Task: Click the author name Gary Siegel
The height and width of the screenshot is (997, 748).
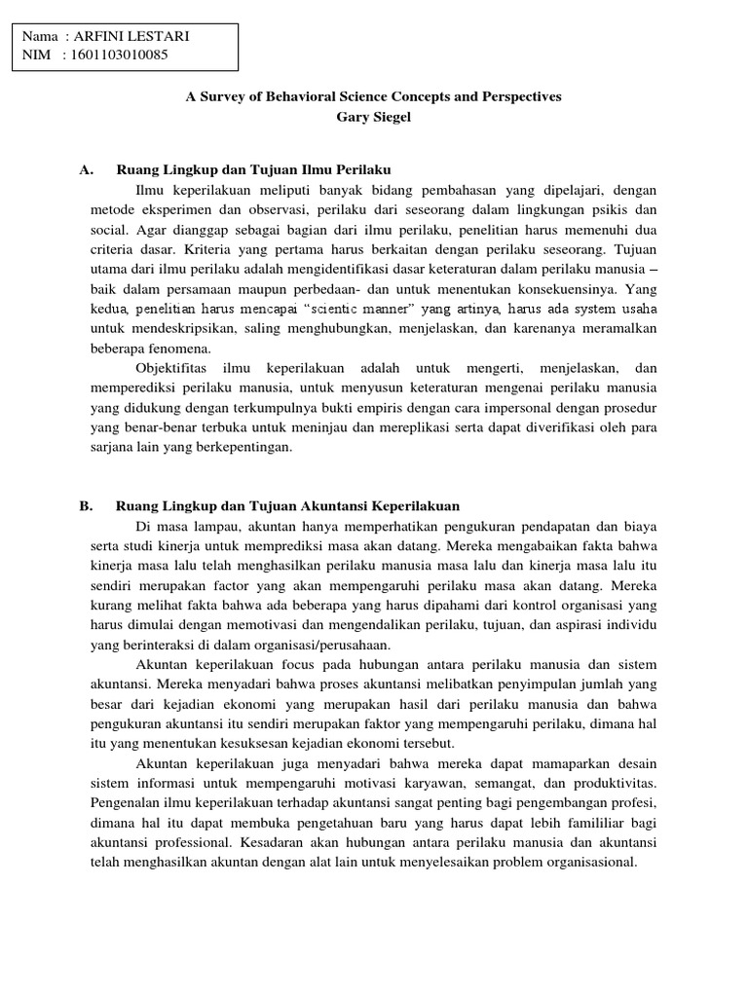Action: pos(374,117)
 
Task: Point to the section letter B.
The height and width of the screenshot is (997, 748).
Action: pos(86,506)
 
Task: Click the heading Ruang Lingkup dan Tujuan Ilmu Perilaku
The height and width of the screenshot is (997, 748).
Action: pos(253,169)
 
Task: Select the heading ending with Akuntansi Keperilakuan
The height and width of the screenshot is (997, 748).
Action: pos(287,506)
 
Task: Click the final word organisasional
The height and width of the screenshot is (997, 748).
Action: pos(586,863)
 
